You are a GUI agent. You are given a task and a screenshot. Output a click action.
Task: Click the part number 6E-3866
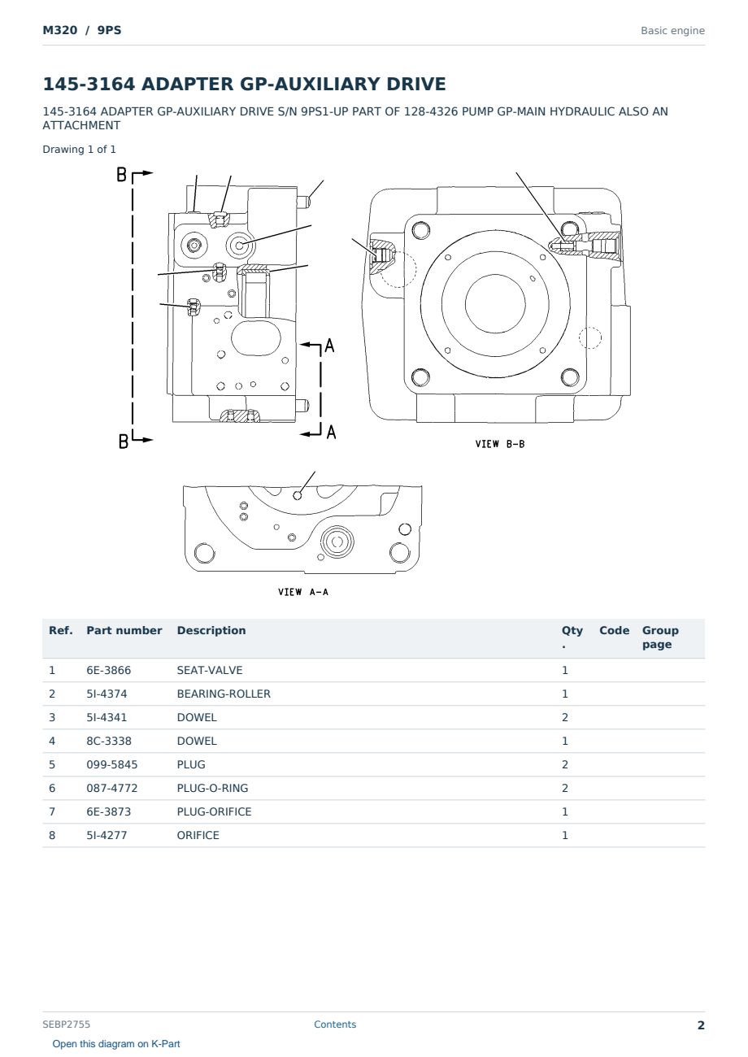click(109, 670)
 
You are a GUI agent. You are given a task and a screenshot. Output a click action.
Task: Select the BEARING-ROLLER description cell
click(224, 694)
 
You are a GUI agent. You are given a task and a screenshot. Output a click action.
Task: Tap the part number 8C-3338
click(109, 741)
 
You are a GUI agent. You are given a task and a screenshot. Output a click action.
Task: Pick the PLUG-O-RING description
click(212, 788)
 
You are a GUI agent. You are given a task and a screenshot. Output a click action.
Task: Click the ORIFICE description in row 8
click(198, 835)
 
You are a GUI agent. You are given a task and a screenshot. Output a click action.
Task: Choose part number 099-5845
click(112, 764)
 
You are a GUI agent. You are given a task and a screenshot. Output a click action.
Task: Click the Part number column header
click(124, 630)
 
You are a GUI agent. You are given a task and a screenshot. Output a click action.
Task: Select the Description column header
click(211, 630)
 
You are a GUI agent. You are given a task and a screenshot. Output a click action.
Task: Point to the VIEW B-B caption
click(500, 444)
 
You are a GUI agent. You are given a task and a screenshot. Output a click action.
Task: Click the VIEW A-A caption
click(303, 592)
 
